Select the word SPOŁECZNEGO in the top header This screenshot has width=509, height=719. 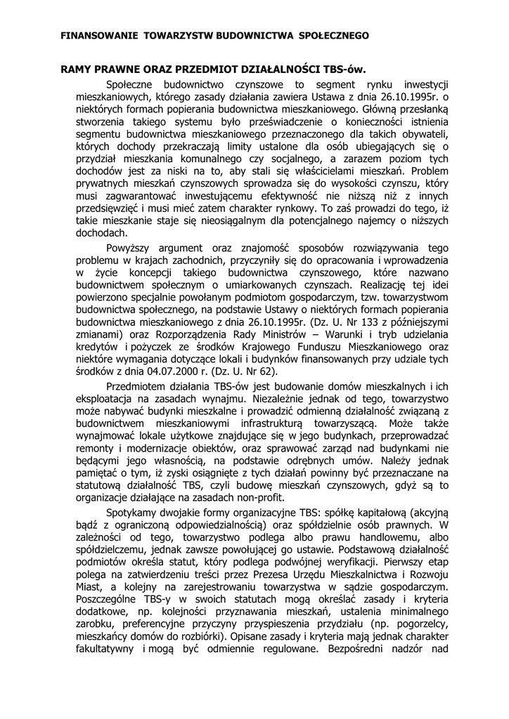[x=330, y=34]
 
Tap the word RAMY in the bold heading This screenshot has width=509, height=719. [x=77, y=70]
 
